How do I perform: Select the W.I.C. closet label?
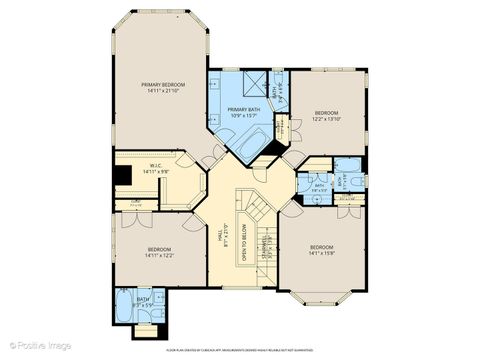point(156,166)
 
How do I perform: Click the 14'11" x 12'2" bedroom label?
point(160,251)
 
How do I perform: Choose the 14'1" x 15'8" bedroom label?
point(321,250)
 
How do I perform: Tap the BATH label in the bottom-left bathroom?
point(143,298)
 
